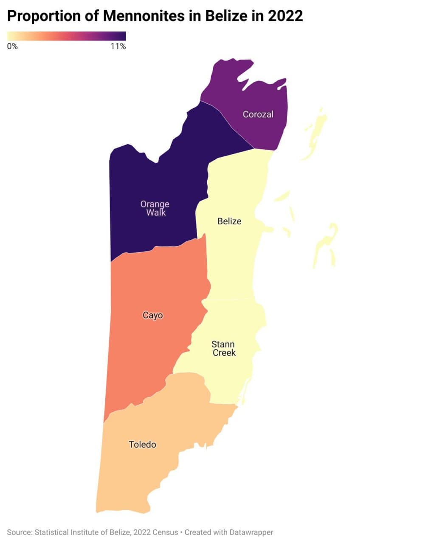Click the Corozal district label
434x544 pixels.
pos(258,114)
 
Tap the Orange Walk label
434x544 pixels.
pos(155,208)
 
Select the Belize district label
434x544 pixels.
pos(229,221)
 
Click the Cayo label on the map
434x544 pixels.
pos(152,315)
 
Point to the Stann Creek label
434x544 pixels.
pos(223,348)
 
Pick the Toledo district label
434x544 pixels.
pos(142,445)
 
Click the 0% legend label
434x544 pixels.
pos(12,46)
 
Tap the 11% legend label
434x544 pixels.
pos(118,46)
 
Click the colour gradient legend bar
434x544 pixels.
pos(67,36)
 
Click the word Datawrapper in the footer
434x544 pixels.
pos(251,532)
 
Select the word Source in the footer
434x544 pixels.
pos(19,532)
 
